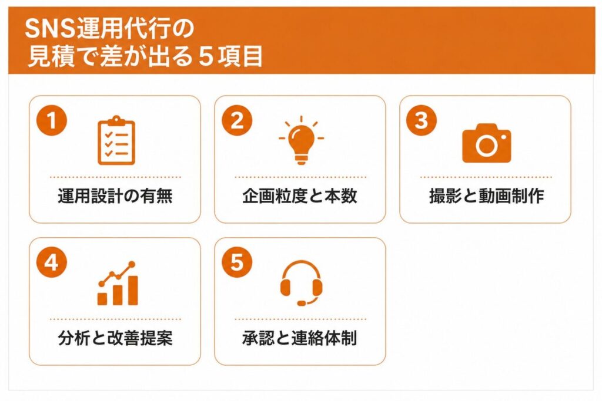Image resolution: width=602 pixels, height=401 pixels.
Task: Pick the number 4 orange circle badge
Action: [52, 262]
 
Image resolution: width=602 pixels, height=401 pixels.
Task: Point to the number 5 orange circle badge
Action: [237, 262]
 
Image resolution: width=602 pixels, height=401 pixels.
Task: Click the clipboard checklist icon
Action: [116, 140]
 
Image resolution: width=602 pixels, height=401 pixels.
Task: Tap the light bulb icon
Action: [302, 140]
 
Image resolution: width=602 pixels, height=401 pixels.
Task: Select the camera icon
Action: [486, 143]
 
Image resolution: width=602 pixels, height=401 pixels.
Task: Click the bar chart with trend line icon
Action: [118, 284]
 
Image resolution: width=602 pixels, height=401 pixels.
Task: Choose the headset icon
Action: [301, 284]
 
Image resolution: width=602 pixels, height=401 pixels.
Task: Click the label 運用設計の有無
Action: [115, 196]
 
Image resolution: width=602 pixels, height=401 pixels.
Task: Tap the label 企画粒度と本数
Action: [300, 196]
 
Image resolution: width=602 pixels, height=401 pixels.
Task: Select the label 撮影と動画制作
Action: [486, 196]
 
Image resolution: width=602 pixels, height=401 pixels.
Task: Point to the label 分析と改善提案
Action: [115, 338]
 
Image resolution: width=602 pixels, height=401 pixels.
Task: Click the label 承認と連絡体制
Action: [300, 338]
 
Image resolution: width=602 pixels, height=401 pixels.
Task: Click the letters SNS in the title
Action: [50, 29]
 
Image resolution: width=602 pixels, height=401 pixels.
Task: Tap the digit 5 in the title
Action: [206, 56]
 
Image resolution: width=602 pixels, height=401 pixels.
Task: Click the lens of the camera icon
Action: [486, 145]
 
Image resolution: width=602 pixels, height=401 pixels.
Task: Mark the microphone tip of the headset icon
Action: [302, 303]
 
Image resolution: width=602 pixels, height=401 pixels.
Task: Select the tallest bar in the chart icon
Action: [133, 290]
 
